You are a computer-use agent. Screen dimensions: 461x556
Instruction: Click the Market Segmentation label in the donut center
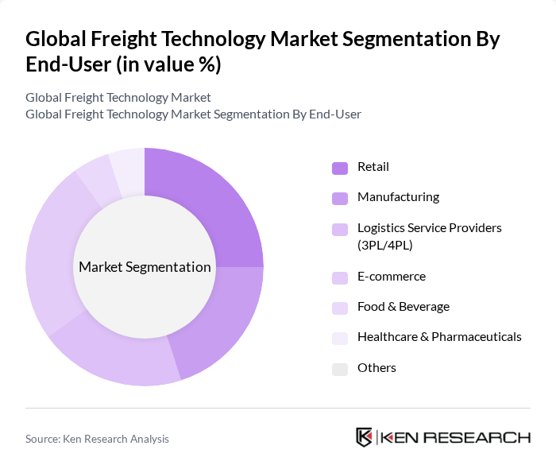click(145, 267)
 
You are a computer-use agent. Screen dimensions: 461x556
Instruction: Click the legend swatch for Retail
click(340, 168)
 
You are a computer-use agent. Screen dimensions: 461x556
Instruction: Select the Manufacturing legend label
click(398, 197)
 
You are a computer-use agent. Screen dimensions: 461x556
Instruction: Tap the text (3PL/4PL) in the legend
click(384, 246)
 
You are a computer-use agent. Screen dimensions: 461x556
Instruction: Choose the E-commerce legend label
click(391, 277)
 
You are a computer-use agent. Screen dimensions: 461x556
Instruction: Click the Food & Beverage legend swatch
click(340, 308)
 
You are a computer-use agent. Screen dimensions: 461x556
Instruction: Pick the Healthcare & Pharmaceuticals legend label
click(439, 337)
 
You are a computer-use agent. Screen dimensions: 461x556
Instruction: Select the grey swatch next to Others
click(340, 368)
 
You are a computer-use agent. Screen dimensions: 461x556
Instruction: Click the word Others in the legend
click(376, 368)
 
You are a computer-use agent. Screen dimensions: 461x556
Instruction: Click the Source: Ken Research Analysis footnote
click(97, 439)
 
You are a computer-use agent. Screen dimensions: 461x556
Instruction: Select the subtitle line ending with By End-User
click(193, 114)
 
